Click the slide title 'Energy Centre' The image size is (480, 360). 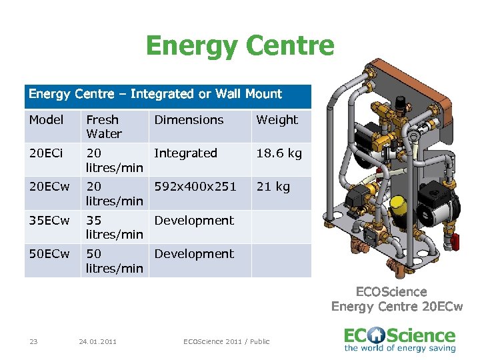point(240,47)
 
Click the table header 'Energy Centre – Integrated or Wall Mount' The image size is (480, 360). point(155,94)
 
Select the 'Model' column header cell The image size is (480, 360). point(46,120)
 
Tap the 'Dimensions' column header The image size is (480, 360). point(189,120)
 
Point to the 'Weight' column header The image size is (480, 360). point(277,120)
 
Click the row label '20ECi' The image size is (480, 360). point(47,153)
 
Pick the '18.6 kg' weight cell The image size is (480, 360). point(279,153)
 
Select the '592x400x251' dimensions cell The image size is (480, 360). point(195,187)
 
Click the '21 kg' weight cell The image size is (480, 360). point(273,187)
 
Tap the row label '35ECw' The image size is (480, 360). point(49,221)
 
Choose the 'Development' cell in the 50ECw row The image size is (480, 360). point(194,254)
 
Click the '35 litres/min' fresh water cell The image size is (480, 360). point(114,227)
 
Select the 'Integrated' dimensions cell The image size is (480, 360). point(185,153)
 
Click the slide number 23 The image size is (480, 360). point(33,342)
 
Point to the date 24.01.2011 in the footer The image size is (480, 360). point(97,342)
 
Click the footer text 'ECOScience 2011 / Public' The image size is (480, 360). point(227,342)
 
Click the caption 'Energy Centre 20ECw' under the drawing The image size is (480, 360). point(397,306)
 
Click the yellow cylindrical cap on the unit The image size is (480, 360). point(398,202)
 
